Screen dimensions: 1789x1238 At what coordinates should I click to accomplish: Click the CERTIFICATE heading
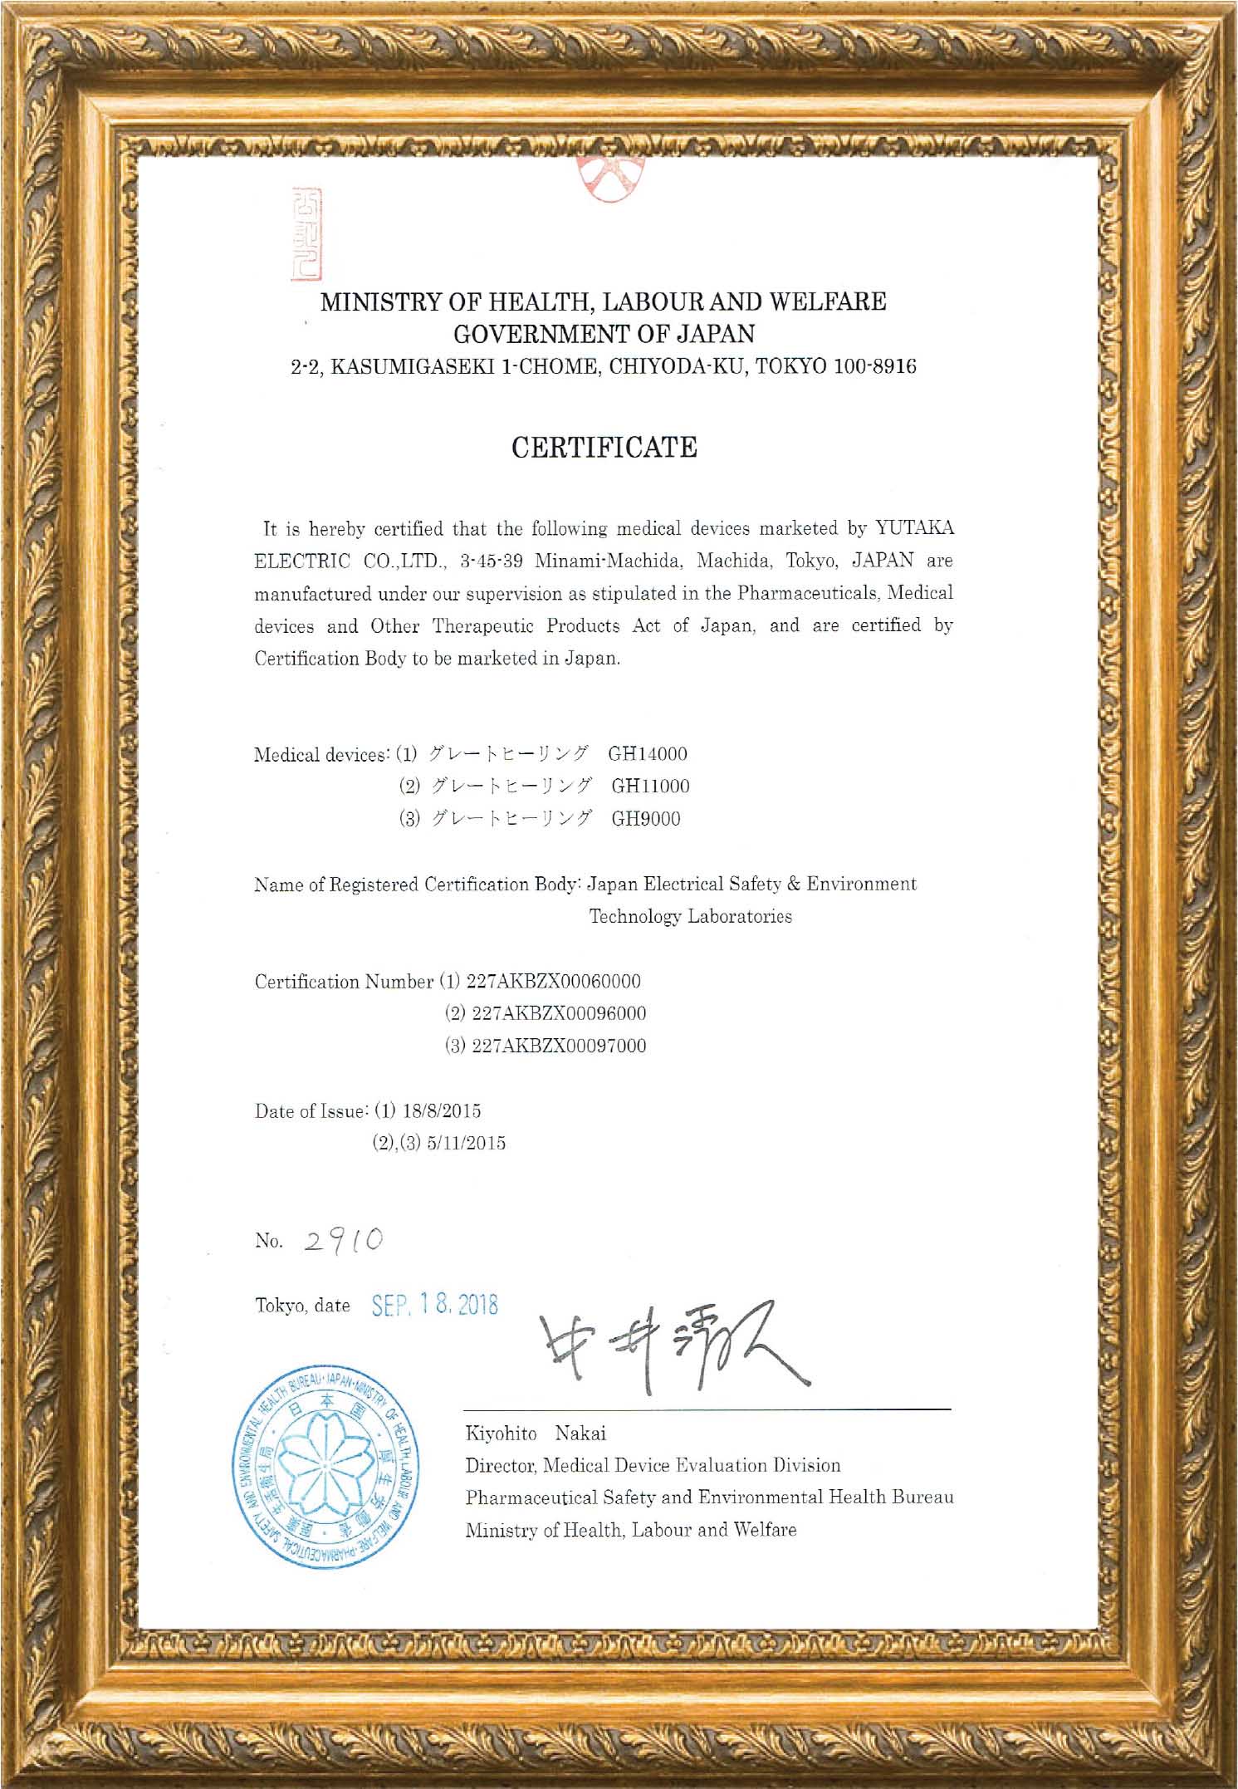pos(604,448)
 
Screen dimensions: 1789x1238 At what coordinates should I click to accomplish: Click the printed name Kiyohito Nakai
pos(536,1434)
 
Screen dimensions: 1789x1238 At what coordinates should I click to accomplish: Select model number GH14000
pos(648,754)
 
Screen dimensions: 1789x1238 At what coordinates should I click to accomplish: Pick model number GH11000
pos(650,787)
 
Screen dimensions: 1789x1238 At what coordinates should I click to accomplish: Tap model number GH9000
pos(646,819)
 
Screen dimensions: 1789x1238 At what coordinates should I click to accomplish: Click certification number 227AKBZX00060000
pos(554,981)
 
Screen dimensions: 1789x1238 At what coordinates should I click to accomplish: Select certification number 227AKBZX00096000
pos(559,1013)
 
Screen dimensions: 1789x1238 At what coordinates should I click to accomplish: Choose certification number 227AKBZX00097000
pos(559,1046)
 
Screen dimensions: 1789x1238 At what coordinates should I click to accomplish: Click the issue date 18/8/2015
pos(442,1110)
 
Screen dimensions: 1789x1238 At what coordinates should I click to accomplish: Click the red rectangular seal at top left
pos(306,234)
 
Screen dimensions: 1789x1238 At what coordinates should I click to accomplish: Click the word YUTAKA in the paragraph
pos(914,528)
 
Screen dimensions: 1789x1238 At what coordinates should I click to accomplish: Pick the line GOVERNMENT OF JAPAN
pos(604,334)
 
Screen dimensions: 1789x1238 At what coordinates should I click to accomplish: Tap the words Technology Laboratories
pos(690,916)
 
